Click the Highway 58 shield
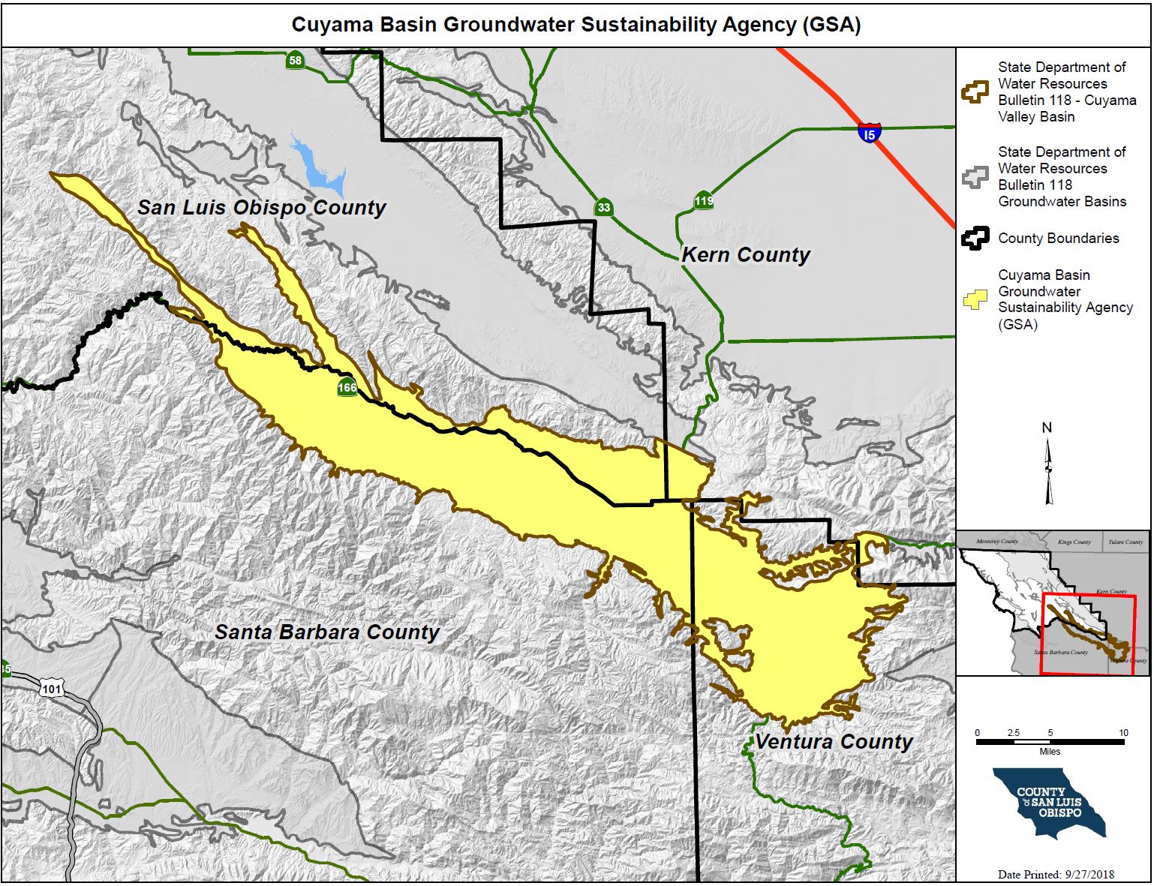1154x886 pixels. pyautogui.click(x=295, y=61)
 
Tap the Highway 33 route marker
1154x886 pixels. pyautogui.click(x=604, y=208)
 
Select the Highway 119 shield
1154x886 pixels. pyautogui.click(x=703, y=201)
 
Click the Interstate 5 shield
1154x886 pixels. pyautogui.click(x=869, y=134)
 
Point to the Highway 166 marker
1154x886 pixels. pyautogui.click(x=347, y=388)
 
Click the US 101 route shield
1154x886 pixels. pyautogui.click(x=52, y=689)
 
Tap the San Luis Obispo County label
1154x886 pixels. pyautogui.click(x=261, y=208)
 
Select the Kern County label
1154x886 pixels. pyautogui.click(x=746, y=255)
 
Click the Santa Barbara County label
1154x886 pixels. pyautogui.click(x=327, y=632)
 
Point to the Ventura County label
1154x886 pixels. pyautogui.click(x=834, y=742)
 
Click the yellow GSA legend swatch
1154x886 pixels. pyautogui.click(x=975, y=300)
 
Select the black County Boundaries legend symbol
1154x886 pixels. pyautogui.click(x=975, y=239)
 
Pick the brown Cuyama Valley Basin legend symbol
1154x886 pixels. pyautogui.click(x=975, y=92)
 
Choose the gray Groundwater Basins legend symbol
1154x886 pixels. pyautogui.click(x=975, y=177)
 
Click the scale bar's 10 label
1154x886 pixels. pyautogui.click(x=1123, y=733)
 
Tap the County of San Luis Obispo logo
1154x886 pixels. pyautogui.click(x=1049, y=802)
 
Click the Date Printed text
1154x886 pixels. pyautogui.click(x=1056, y=874)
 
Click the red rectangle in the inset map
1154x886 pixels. pyautogui.click(x=1088, y=635)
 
